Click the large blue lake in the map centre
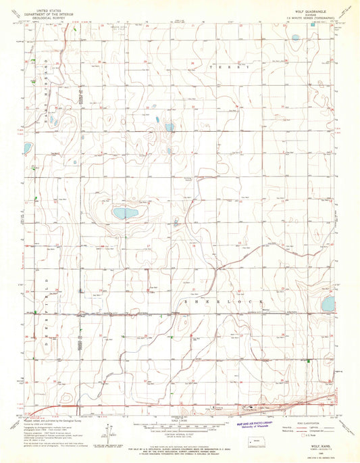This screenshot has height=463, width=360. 125,214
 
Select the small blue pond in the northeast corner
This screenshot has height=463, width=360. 295,38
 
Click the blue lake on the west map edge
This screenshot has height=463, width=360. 27,147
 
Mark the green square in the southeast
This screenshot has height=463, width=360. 308,362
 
